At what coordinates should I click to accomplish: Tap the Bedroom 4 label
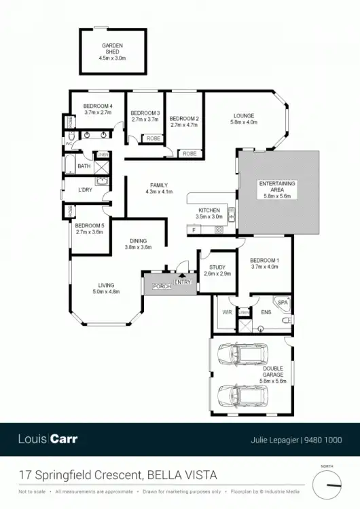point(97,107)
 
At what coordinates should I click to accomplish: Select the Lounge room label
point(243,116)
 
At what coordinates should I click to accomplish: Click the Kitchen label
point(209,210)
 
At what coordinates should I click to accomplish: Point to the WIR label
point(227,312)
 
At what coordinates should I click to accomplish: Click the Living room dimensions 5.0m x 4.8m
point(105,292)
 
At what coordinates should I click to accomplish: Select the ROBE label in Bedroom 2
point(190,154)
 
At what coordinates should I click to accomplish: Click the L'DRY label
point(85,189)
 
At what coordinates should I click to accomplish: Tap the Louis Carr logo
point(48,438)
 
